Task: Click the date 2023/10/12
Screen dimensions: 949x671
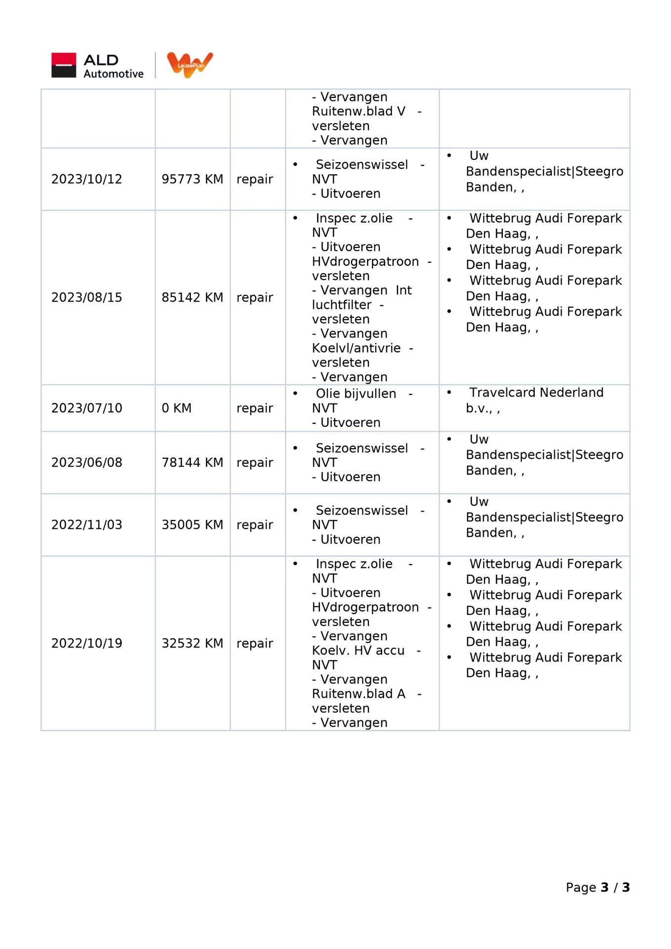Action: [x=87, y=179]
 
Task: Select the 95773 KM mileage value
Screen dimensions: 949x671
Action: [x=192, y=179]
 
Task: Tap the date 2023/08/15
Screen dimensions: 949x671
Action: [x=87, y=297]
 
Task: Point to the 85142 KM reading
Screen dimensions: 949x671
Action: [x=192, y=297]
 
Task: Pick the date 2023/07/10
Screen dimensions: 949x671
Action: [x=87, y=408]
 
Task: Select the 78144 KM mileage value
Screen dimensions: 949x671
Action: [x=192, y=463]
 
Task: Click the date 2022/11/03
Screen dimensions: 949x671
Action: [x=87, y=525]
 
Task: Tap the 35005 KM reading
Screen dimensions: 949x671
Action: [x=192, y=525]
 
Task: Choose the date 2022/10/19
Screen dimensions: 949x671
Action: [x=87, y=643]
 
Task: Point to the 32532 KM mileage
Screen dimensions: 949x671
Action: [x=192, y=643]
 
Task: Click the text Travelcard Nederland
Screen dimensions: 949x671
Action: [x=536, y=393]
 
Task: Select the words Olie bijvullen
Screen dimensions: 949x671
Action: [x=356, y=394]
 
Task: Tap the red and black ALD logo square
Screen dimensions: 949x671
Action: [x=64, y=65]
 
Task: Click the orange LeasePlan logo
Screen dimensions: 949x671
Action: [x=190, y=64]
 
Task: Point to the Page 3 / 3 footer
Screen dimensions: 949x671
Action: [x=597, y=887]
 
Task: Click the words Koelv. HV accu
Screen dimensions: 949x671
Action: [x=358, y=651]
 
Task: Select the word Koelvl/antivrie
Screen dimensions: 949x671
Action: [x=356, y=348]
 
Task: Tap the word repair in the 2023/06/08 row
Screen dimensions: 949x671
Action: [x=255, y=463]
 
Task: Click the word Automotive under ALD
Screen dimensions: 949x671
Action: [x=114, y=74]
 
